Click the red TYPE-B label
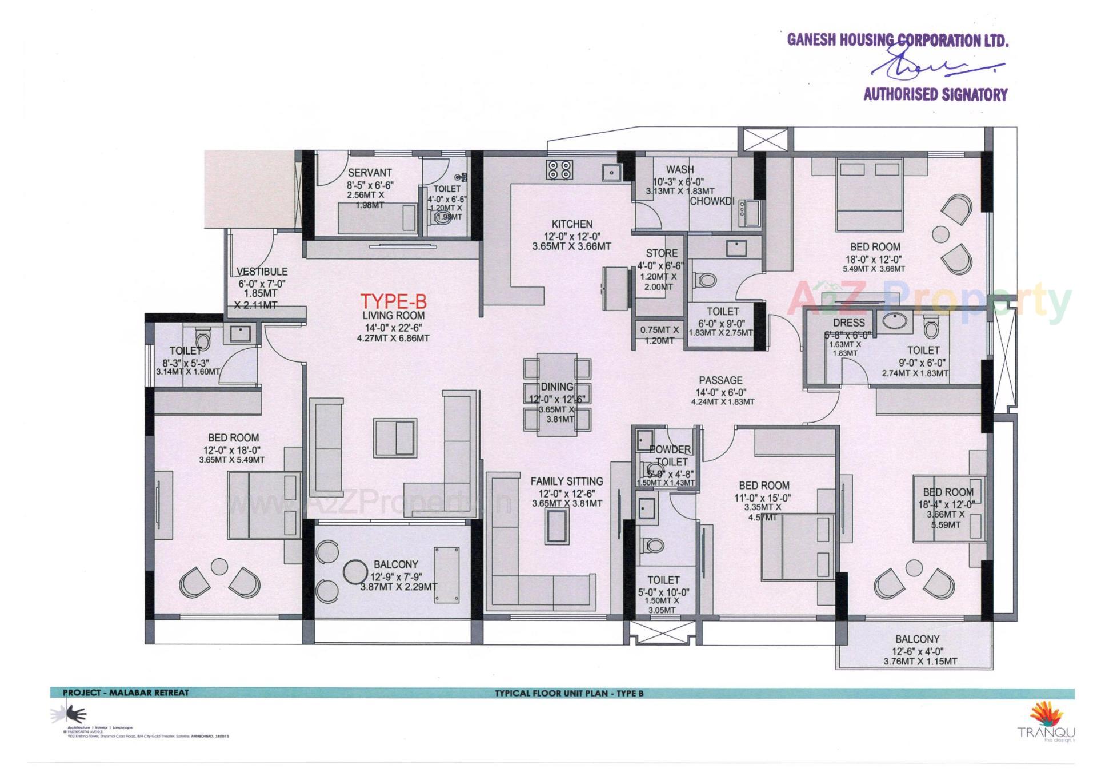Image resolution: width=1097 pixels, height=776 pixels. coord(393,302)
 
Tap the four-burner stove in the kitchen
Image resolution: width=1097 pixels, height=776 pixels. coord(559,169)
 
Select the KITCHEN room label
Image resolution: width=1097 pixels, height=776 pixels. coord(571,224)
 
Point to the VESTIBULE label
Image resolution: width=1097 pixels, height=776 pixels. coord(262,272)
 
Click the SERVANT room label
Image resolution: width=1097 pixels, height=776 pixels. coord(370,173)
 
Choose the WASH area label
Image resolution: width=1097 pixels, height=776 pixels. coord(680,169)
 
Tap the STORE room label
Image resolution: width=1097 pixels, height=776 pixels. coord(662,253)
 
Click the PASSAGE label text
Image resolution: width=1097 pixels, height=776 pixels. coord(720,380)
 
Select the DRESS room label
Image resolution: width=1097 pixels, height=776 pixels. coord(848,323)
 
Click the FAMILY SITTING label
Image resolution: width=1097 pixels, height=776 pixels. coord(566,481)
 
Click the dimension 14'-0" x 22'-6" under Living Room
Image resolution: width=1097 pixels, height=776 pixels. coord(393,327)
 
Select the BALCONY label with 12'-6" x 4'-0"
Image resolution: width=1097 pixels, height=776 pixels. coord(917,639)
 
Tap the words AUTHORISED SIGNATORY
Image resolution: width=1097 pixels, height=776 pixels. coord(935,94)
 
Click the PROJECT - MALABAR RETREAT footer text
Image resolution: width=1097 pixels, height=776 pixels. coord(126,693)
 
